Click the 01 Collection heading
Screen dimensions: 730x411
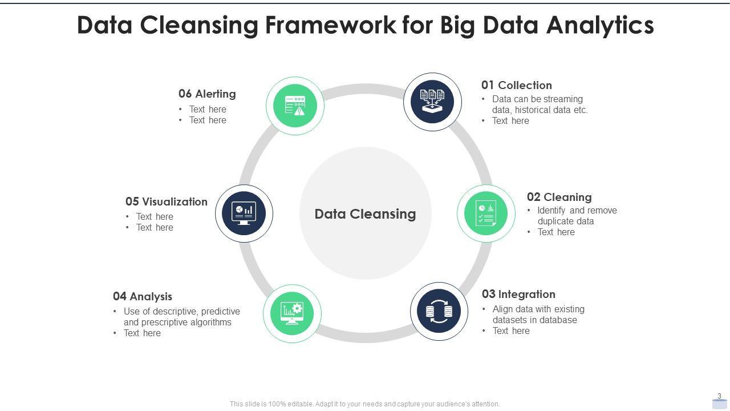[516, 85]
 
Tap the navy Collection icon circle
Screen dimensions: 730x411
[432, 102]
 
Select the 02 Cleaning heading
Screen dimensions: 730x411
[559, 197]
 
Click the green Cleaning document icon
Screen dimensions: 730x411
[486, 213]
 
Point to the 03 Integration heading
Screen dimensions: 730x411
[518, 294]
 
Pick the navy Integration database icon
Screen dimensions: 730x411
[439, 312]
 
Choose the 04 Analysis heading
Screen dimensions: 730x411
[143, 296]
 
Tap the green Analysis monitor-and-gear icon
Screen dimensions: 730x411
[292, 313]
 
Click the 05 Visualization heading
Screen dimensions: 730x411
[167, 202]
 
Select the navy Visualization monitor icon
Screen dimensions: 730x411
[244, 213]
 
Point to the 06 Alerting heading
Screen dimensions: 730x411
[207, 94]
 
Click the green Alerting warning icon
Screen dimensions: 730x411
[295, 106]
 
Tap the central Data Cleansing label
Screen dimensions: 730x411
[365, 214]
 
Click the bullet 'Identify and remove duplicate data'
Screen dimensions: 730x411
[576, 216]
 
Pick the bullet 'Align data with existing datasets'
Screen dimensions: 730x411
[538, 315]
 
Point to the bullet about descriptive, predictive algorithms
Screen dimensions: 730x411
[181, 317]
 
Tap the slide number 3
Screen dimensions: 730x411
[719, 396]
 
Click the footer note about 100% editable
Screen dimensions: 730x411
[365, 404]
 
